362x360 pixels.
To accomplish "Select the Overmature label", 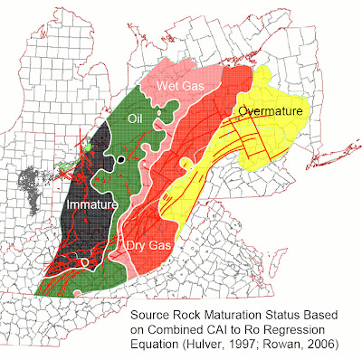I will click(x=273, y=111).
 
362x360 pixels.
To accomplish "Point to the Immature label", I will click(x=92, y=206).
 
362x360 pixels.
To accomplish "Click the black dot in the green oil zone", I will click(x=120, y=160).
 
